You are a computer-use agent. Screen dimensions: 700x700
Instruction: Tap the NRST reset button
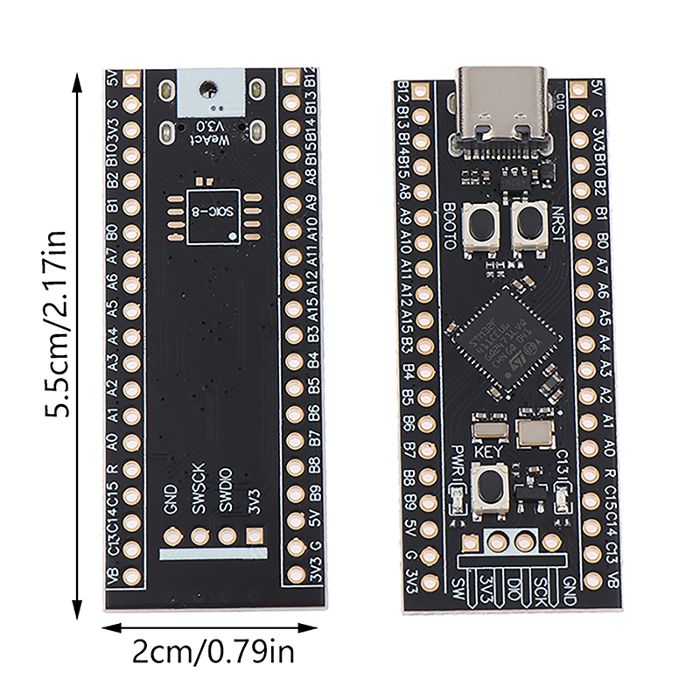click(x=528, y=227)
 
